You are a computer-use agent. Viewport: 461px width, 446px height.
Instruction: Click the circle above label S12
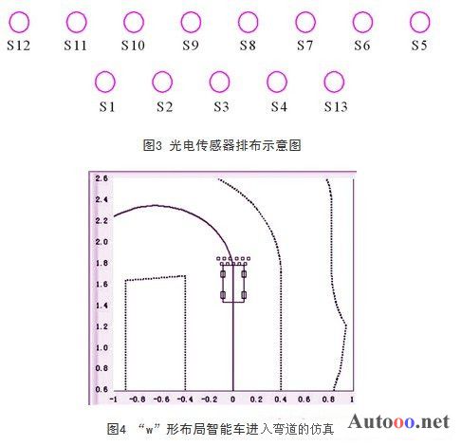pos(19,22)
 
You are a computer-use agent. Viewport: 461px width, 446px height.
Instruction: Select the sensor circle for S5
pos(419,22)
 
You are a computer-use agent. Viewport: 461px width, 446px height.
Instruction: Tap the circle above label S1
pos(105,82)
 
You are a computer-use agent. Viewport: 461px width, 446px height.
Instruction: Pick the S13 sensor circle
pos(334,82)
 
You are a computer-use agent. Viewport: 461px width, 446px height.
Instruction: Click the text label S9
pos(191,46)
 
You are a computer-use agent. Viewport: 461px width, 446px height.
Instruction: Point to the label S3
pos(221,106)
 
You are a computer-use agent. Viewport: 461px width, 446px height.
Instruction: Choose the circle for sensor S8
pos(248,22)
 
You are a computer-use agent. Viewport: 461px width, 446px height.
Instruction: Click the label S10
pos(133,46)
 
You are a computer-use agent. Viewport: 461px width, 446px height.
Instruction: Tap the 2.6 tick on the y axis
pos(101,178)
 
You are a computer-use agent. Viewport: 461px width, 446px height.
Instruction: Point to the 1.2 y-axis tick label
pos(101,326)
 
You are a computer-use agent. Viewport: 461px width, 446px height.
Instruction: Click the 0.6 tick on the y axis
pos(101,389)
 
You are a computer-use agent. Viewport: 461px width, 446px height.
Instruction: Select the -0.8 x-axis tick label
pos(138,400)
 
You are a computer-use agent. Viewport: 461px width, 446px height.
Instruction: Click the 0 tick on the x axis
pos(232,400)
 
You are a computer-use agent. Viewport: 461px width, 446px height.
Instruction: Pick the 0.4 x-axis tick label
pos(281,400)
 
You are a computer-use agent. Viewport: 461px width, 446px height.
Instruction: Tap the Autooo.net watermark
pos(398,421)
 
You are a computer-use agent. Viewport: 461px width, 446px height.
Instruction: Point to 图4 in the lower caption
pos(117,429)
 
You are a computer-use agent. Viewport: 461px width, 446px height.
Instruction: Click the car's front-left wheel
pos(223,274)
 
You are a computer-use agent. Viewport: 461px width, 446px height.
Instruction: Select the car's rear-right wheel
pos(244,295)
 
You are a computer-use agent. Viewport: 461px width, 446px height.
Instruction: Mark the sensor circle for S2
pos(162,82)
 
